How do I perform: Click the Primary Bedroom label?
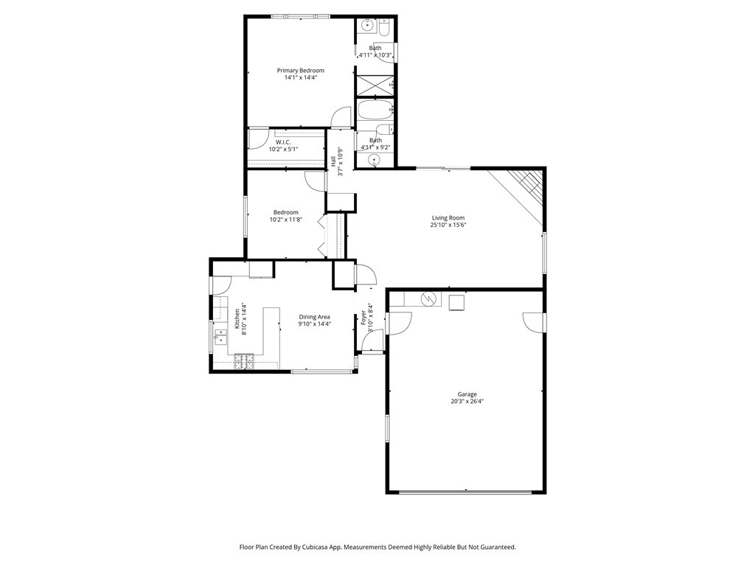[300, 71]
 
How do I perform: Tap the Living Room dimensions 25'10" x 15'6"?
[448, 226]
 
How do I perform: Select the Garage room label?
[467, 394]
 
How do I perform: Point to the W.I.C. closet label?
[283, 142]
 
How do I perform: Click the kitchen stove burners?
[243, 360]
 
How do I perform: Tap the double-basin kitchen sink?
[220, 336]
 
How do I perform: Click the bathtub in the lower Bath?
[375, 111]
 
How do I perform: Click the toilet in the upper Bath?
[385, 29]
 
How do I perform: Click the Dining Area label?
[314, 317]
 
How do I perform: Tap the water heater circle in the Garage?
[428, 299]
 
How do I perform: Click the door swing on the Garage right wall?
[532, 322]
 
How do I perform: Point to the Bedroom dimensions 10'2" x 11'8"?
[285, 220]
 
